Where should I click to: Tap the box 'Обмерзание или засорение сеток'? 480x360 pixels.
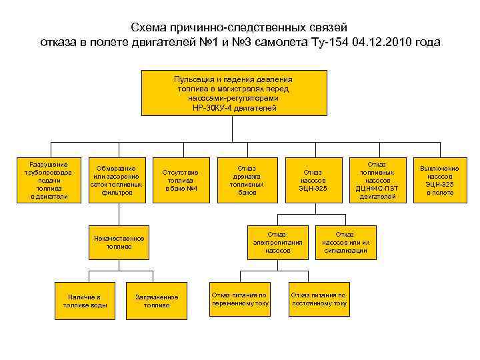click(x=116, y=180)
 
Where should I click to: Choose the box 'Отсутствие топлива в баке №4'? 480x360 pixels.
click(x=181, y=180)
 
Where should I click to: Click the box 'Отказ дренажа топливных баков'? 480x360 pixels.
click(x=247, y=180)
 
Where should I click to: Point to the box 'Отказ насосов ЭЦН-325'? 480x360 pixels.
click(x=312, y=180)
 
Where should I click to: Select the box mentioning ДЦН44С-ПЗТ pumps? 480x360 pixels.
click(x=377, y=180)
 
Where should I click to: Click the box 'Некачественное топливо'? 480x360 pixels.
click(x=119, y=242)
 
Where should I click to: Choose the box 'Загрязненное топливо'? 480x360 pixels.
click(x=157, y=301)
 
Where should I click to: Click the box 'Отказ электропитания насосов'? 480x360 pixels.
click(x=277, y=242)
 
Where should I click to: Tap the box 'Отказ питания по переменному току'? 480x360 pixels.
click(x=240, y=299)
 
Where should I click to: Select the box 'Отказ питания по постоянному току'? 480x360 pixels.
click(x=319, y=299)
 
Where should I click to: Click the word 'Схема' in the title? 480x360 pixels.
click(x=150, y=27)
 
